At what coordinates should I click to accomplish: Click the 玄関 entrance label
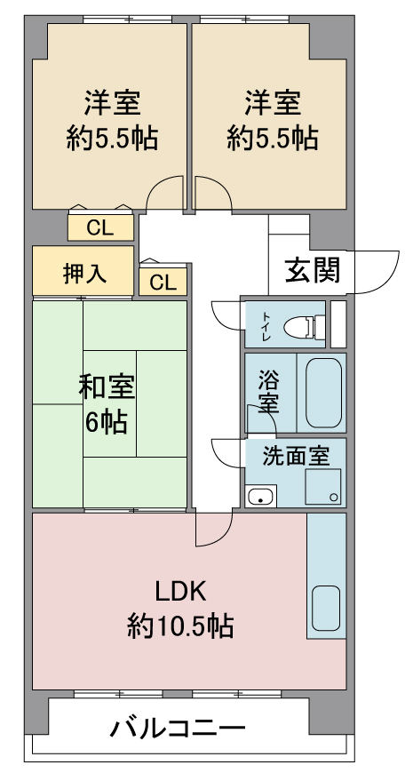pos(313,270)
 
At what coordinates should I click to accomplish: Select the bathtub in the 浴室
pos(323,393)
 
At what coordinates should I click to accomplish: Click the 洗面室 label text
pos(296,456)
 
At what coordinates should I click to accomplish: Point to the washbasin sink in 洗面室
pos(261,496)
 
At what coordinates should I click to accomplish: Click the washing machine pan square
pos(322,487)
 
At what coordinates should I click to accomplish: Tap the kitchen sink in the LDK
pos(326,607)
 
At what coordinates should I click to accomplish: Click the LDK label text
pos(180,592)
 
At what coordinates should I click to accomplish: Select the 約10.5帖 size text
pos(180,626)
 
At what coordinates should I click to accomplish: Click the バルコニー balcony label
pos(178,729)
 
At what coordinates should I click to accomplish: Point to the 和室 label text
pos(107,388)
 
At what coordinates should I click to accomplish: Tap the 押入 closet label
pos(84,273)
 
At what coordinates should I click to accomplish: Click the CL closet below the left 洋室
pos(100,227)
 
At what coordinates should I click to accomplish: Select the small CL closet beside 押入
pos(163,282)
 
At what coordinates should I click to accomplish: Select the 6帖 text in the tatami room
pos(107,421)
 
